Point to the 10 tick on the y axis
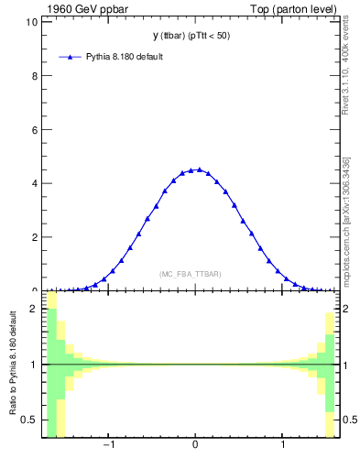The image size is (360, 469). click(x=32, y=22)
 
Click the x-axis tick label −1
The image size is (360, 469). click(x=107, y=446)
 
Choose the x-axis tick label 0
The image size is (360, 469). click(x=195, y=446)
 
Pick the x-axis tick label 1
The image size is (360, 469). click(x=283, y=446)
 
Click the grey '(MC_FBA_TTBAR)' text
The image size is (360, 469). click(x=191, y=274)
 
